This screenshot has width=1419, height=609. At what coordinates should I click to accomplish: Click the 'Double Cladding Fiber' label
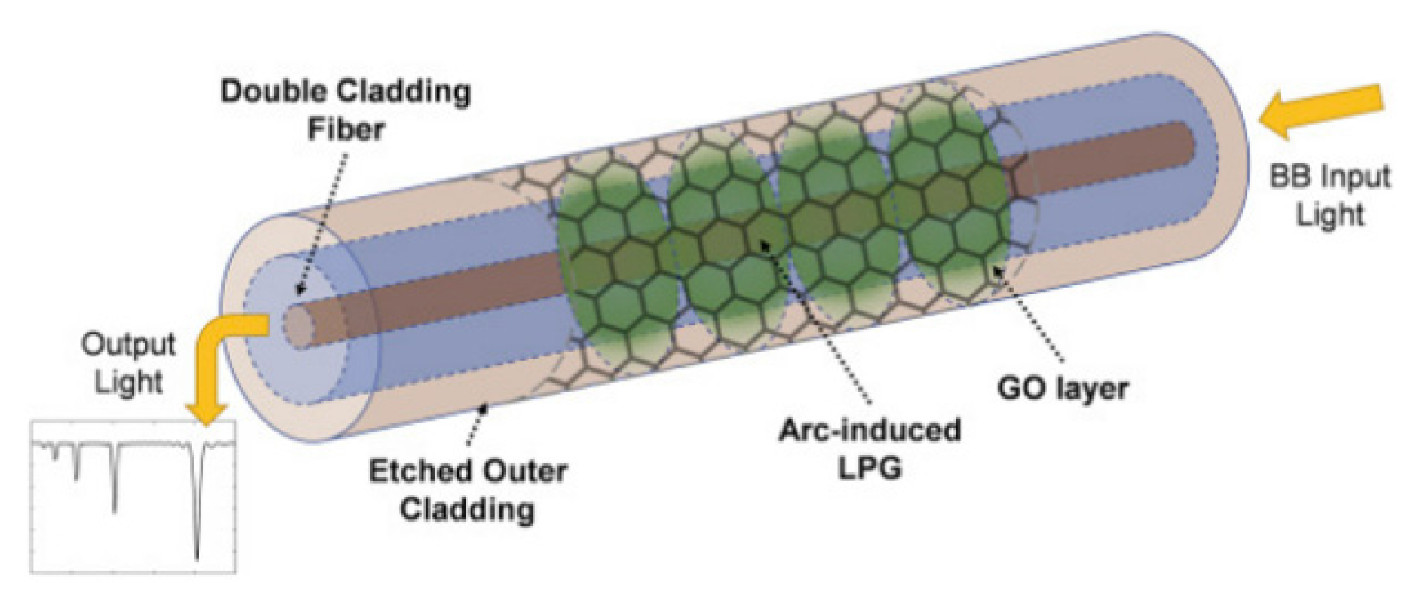(x=345, y=109)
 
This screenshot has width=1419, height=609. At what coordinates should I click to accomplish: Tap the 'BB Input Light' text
(x=1329, y=195)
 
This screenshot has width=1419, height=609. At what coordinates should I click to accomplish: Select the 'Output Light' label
(x=128, y=363)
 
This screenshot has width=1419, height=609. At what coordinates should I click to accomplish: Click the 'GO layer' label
(x=1062, y=387)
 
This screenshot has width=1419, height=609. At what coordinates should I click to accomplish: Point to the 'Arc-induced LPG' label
(x=868, y=449)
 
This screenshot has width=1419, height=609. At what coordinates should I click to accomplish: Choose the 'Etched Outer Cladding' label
(x=466, y=490)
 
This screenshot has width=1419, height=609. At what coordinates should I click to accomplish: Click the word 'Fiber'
(x=345, y=128)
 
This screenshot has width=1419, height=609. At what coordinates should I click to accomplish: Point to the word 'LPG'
(x=868, y=468)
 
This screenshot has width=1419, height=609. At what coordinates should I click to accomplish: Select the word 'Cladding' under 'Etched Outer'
(x=466, y=509)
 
